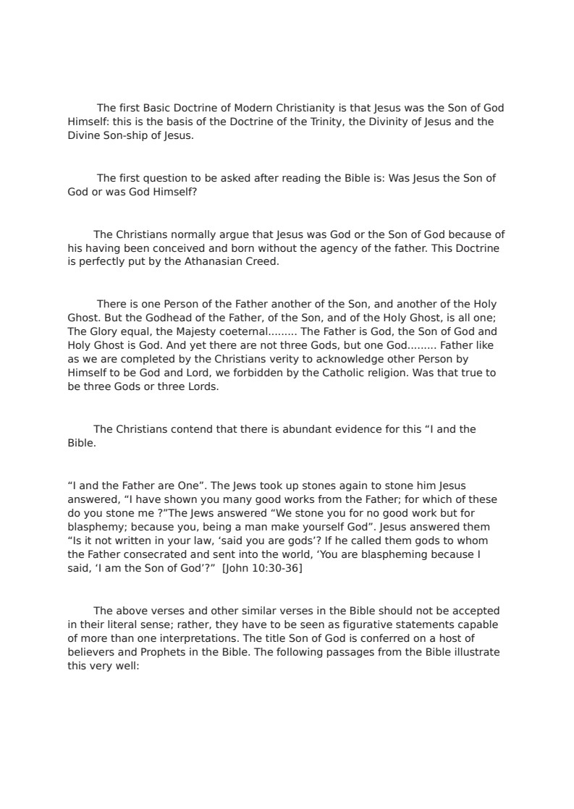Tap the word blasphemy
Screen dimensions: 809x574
94,527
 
